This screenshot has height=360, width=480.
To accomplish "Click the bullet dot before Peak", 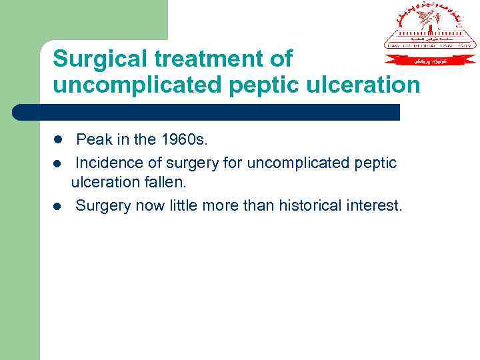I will [57, 141].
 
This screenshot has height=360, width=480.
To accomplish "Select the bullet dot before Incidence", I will [57, 163].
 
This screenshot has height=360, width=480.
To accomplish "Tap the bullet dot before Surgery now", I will [57, 206].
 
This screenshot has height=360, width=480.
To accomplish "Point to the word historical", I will [313, 205].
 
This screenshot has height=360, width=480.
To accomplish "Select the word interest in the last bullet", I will [378, 205].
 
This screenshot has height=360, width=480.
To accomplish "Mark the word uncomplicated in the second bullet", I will [295, 163].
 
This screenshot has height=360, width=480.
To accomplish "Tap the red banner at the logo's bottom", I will [430, 59].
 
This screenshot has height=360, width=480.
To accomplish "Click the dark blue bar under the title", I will [207, 112].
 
